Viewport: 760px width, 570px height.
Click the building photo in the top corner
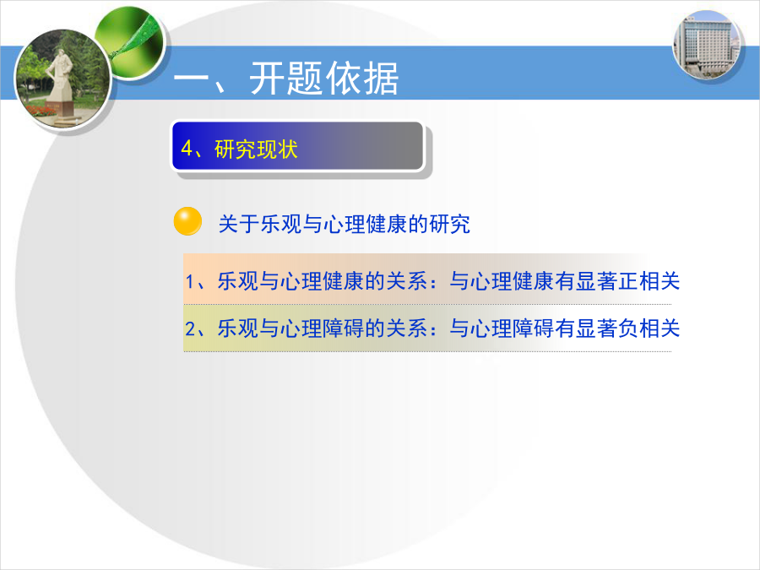(x=707, y=46)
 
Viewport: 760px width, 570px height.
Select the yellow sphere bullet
(x=188, y=221)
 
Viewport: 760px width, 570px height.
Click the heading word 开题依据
(x=323, y=79)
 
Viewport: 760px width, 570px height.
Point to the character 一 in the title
(x=191, y=79)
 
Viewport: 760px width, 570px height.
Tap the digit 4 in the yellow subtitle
(x=187, y=149)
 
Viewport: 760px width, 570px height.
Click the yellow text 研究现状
(x=256, y=149)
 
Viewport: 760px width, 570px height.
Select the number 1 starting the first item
(x=190, y=281)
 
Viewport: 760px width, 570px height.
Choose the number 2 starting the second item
(x=190, y=328)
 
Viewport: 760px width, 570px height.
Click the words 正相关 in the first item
(x=649, y=281)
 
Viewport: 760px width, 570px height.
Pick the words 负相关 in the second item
(x=649, y=328)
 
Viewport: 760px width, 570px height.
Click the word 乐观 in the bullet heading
(x=281, y=224)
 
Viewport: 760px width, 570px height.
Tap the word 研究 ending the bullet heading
(x=449, y=224)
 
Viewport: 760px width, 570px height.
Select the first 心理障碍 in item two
(x=323, y=328)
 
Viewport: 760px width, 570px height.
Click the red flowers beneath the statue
(x=41, y=111)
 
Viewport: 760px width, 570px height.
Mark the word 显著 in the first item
(x=597, y=281)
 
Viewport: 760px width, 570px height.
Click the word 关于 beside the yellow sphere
(x=239, y=224)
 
